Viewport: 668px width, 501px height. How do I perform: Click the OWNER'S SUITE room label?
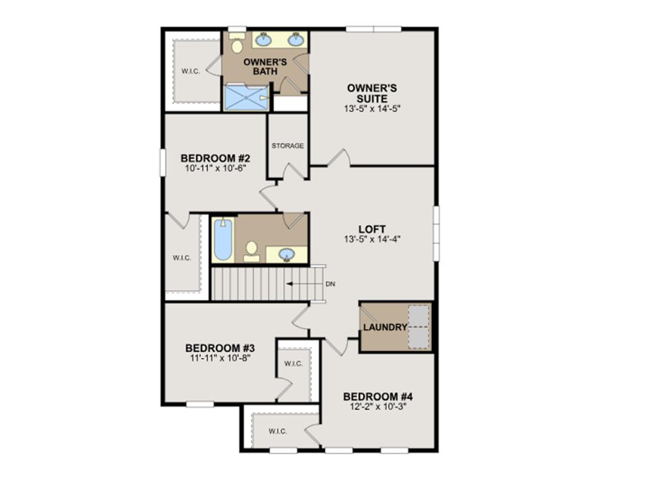(372, 93)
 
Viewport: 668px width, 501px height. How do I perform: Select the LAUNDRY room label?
(385, 327)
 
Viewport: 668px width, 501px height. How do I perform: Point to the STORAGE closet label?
(288, 145)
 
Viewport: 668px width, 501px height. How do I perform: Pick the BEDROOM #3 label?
(220, 348)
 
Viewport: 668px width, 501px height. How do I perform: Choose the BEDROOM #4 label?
(378, 397)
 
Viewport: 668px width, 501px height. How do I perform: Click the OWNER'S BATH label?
(261, 67)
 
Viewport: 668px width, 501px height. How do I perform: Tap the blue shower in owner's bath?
(245, 98)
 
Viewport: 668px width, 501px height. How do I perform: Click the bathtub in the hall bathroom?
(222, 239)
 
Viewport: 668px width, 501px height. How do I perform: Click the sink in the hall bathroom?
(287, 254)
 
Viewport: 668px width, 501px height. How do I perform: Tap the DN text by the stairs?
(330, 284)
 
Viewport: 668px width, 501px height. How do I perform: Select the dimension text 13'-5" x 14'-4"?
(372, 239)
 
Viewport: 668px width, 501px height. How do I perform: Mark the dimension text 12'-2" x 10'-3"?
(378, 406)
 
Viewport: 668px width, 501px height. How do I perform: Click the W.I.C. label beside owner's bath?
(190, 70)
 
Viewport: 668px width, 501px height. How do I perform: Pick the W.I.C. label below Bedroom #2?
(182, 258)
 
